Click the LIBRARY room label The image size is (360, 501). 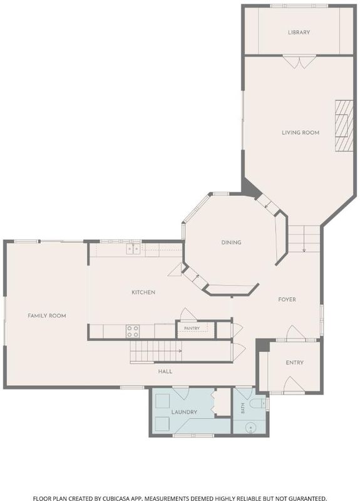[299, 33]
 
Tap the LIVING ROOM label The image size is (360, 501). [301, 133]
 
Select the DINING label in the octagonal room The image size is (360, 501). [231, 242]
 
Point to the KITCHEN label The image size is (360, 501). [143, 292]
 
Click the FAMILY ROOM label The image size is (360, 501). [46, 316]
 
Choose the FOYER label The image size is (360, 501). [287, 299]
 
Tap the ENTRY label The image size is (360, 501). [294, 363]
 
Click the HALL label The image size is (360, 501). [165, 371]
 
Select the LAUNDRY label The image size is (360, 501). [184, 412]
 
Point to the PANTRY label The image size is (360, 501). [192, 328]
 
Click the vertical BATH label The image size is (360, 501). [243, 408]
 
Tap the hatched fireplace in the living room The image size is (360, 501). [344, 126]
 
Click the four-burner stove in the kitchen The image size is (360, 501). [133, 331]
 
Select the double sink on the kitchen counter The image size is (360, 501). [133, 249]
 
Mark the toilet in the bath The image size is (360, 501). [258, 403]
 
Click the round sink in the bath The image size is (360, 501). [250, 427]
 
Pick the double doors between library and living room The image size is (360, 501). [300, 62]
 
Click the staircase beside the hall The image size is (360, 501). [155, 351]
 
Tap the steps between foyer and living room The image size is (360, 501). [304, 239]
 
